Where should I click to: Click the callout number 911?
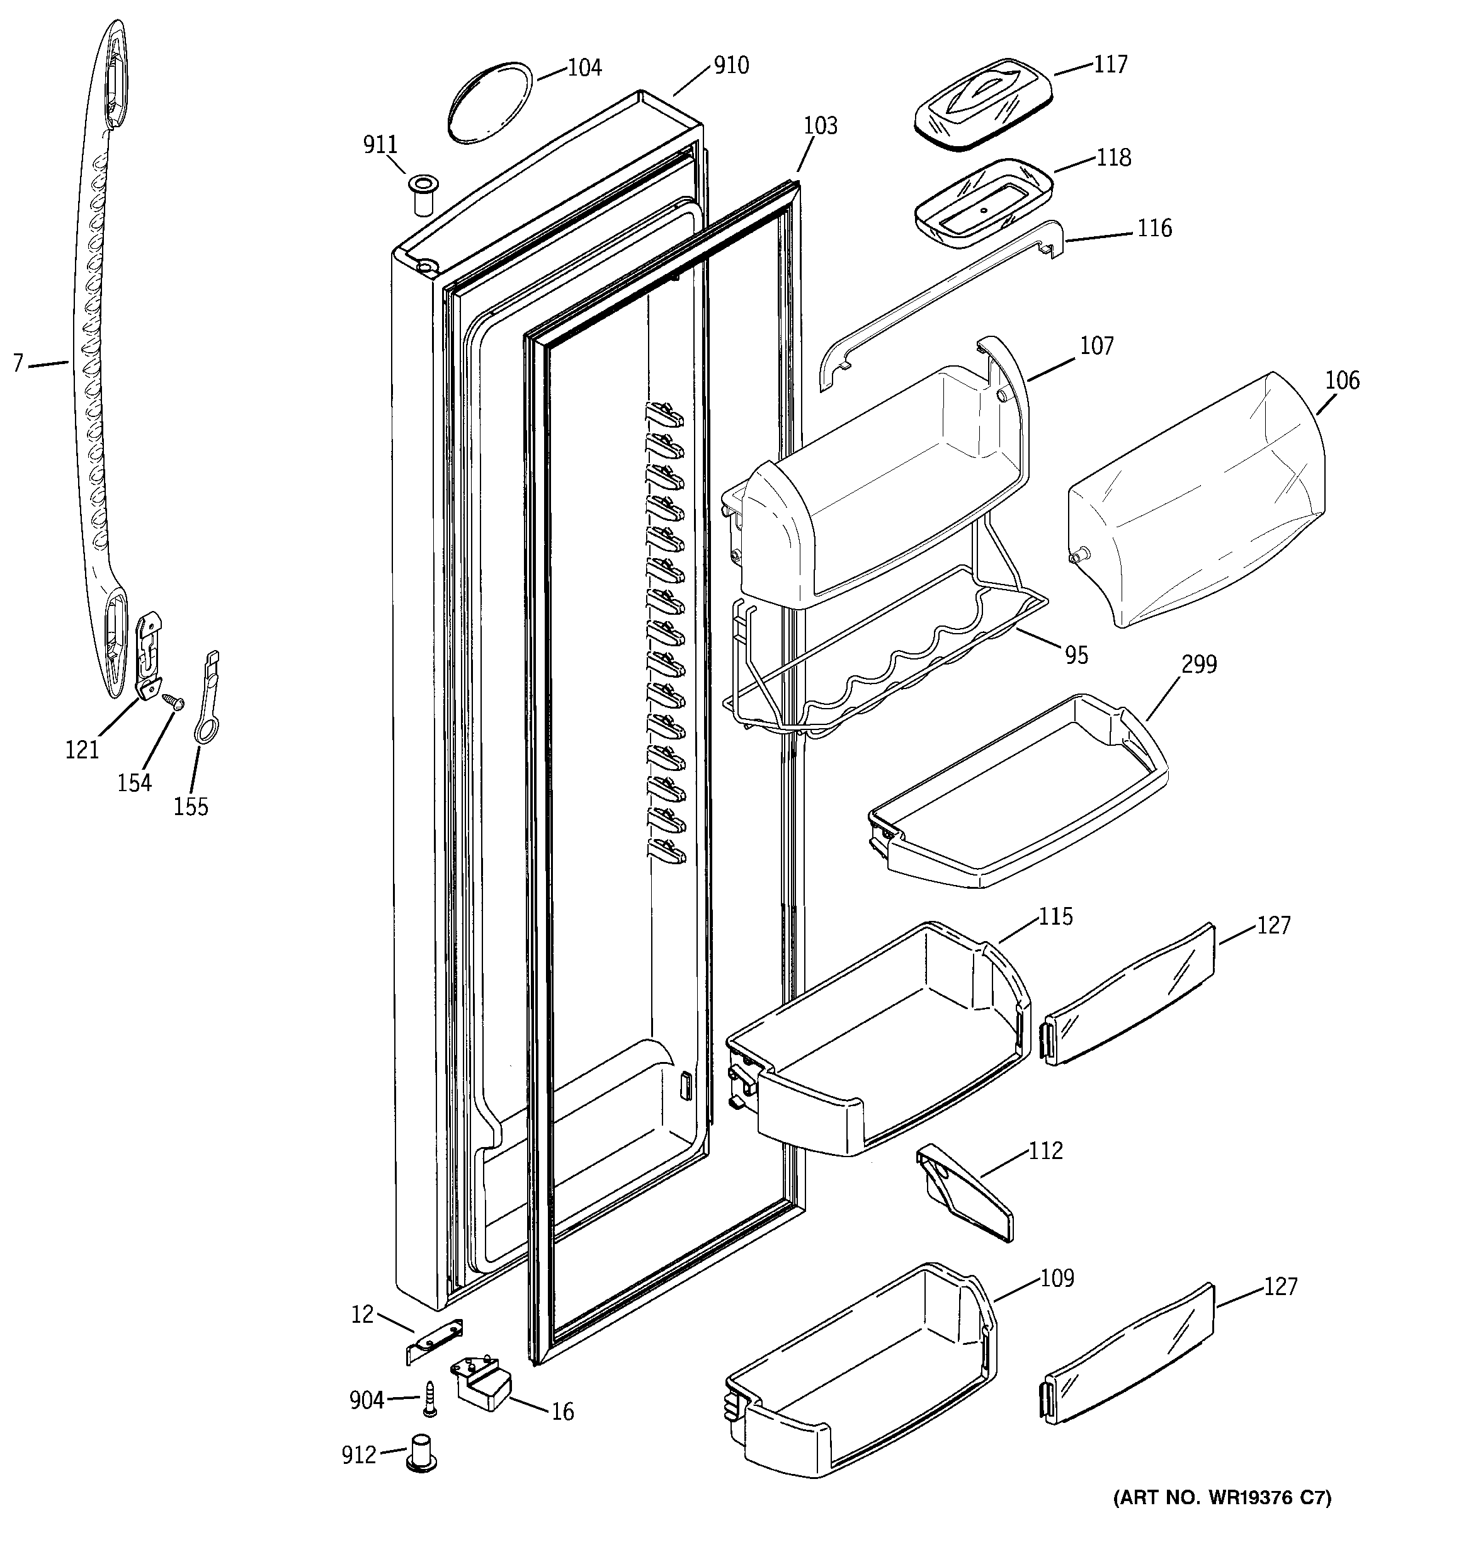(x=380, y=145)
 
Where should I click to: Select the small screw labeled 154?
(x=172, y=700)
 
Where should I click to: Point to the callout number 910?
(x=731, y=65)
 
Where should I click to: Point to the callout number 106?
(x=1343, y=381)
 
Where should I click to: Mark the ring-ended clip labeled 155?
(x=208, y=697)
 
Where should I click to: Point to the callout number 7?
(x=18, y=363)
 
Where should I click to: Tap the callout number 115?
(x=1055, y=917)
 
